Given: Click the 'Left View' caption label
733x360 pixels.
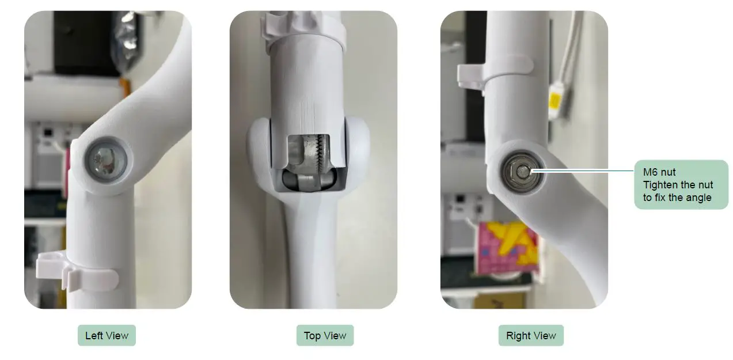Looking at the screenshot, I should click(107, 336).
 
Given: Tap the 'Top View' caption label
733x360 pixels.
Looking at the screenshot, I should click(325, 336).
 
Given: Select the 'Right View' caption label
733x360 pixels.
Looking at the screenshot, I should click(531, 336).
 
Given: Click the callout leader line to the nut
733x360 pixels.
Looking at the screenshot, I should click(582, 170).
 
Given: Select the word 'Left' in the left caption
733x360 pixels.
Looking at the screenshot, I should click(92, 336).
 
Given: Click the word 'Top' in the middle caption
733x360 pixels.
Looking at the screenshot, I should click(312, 336).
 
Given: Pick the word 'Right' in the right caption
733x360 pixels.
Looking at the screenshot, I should click(518, 336).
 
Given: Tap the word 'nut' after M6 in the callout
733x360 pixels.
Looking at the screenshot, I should click(669, 172).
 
